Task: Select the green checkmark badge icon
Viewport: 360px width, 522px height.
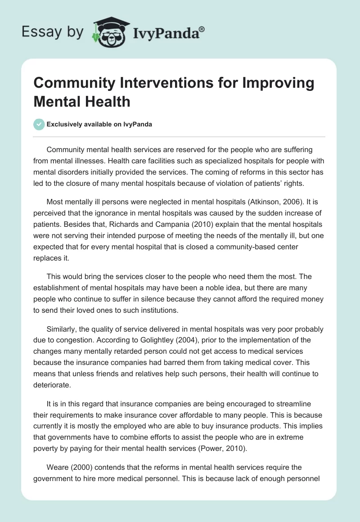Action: click(39, 124)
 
